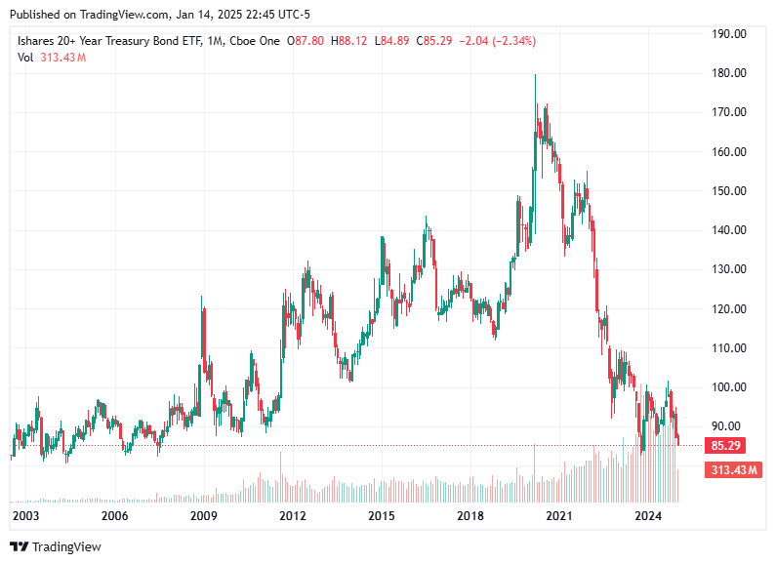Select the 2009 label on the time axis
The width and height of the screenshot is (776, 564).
tap(203, 516)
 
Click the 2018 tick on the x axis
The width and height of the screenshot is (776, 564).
tap(470, 516)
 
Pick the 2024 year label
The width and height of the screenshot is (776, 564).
tap(648, 516)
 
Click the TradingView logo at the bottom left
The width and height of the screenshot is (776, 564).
tap(56, 547)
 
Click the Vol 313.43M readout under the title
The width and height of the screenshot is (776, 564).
tap(52, 58)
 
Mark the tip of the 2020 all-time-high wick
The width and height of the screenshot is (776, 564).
tap(535, 74)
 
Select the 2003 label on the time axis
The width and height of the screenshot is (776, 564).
tap(25, 516)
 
